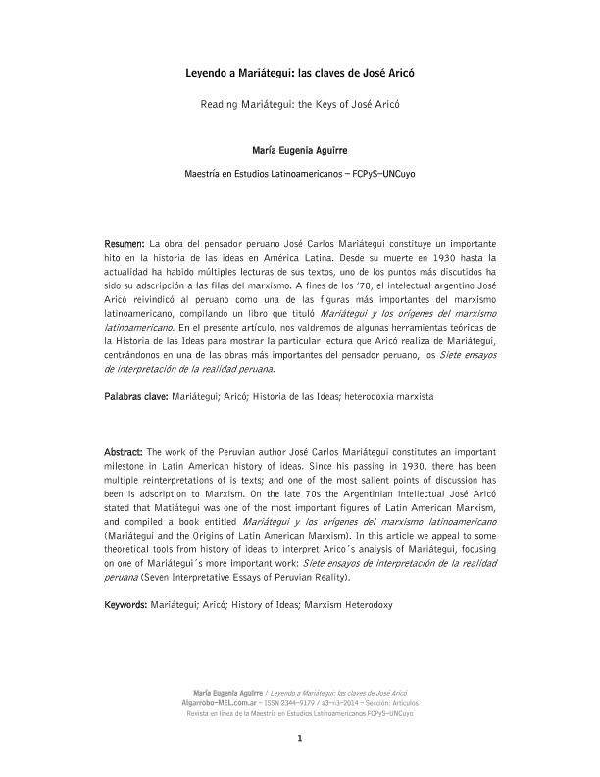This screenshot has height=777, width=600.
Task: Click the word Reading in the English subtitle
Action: click(x=222, y=103)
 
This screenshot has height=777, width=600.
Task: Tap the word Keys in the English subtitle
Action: click(x=329, y=103)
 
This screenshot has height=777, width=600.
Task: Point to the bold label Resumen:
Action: click(x=125, y=241)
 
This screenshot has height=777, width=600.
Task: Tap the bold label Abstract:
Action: click(x=125, y=450)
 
